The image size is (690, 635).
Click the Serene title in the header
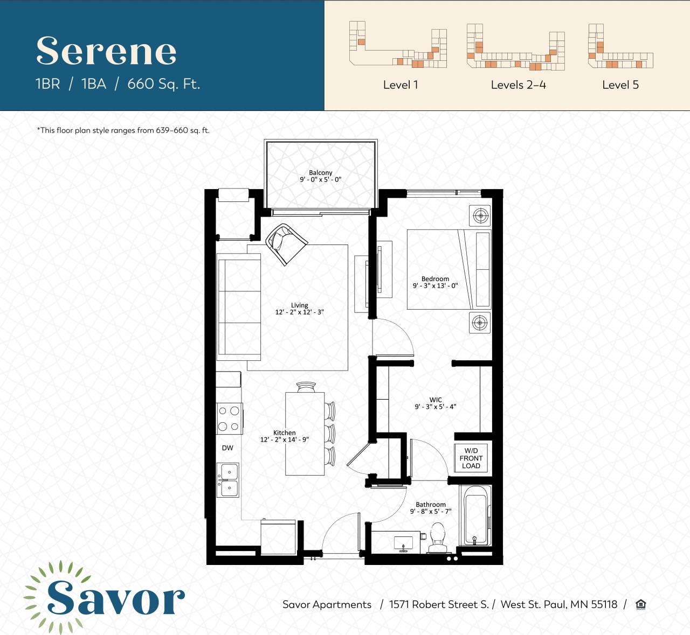point(106,51)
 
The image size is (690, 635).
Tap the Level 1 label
point(400,85)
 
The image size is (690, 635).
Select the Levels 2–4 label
point(518,85)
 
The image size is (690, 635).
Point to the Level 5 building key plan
point(620,47)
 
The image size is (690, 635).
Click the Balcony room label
point(321,173)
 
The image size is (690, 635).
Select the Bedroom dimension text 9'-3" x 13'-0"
point(435,286)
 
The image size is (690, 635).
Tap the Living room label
point(300,305)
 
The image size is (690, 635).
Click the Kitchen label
point(284,432)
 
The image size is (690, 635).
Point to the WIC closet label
point(436,400)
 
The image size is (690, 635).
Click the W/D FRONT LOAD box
point(471,458)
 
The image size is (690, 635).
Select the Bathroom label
point(431,505)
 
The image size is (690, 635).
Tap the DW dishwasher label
point(227,448)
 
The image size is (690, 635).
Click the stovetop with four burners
point(229,418)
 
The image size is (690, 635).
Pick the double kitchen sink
point(228,480)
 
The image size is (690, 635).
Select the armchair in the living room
point(286,243)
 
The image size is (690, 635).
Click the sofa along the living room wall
point(239,307)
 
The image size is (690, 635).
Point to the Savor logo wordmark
point(115,598)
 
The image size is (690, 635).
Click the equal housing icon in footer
point(640,604)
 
